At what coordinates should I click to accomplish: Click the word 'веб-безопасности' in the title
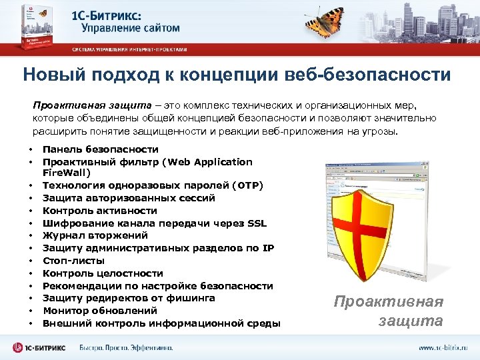(386, 74)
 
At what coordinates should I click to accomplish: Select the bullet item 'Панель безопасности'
(101, 149)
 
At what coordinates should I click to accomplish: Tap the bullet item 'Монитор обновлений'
(100, 311)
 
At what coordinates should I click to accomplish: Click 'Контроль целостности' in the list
(103, 273)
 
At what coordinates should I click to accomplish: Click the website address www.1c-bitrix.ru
(443, 347)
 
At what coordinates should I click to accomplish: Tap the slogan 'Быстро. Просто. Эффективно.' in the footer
(126, 347)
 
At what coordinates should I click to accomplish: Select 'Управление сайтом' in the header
(131, 28)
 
